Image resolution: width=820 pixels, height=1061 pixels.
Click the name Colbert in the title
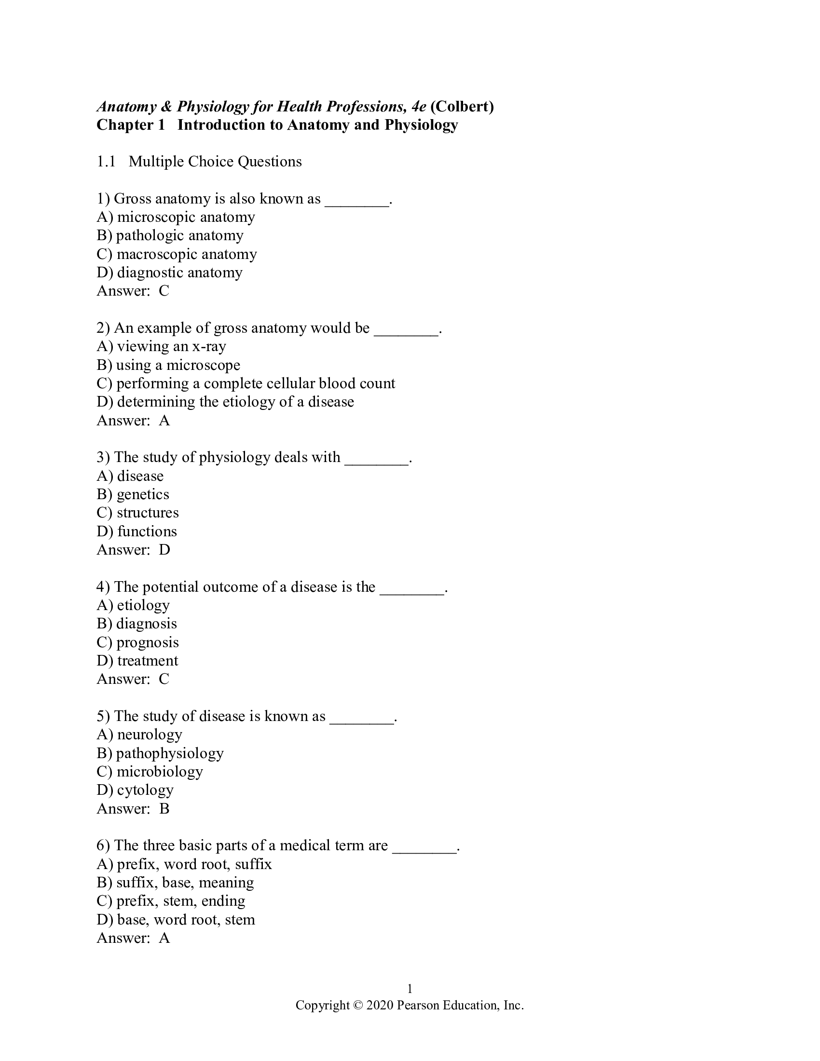[x=462, y=107]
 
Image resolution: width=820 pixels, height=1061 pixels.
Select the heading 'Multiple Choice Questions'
[x=215, y=162]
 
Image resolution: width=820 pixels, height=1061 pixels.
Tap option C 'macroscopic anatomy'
[x=177, y=254]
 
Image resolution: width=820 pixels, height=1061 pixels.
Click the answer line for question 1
[x=133, y=291]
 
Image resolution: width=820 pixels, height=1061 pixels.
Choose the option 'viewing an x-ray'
[x=161, y=346]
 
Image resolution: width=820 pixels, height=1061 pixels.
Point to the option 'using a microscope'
[x=168, y=365]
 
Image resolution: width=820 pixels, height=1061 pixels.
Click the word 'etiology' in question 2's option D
[x=248, y=402]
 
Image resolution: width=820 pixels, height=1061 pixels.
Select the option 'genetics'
[x=133, y=494]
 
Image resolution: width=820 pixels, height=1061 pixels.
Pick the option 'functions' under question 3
[x=137, y=531]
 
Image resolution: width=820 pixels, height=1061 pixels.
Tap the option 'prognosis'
[x=137, y=642]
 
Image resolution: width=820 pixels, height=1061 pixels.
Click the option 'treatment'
[x=137, y=661]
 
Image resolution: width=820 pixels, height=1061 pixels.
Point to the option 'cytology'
[x=135, y=790]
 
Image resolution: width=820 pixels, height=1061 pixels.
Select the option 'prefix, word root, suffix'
[x=184, y=864]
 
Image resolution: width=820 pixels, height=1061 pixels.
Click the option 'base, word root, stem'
[x=176, y=920]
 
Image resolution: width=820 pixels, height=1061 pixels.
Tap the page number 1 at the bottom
[x=410, y=989]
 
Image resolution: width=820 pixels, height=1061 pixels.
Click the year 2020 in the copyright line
[x=380, y=1005]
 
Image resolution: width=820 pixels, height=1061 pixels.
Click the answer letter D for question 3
[x=164, y=550]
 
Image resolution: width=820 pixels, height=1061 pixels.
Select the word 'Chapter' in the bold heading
[x=124, y=125]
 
